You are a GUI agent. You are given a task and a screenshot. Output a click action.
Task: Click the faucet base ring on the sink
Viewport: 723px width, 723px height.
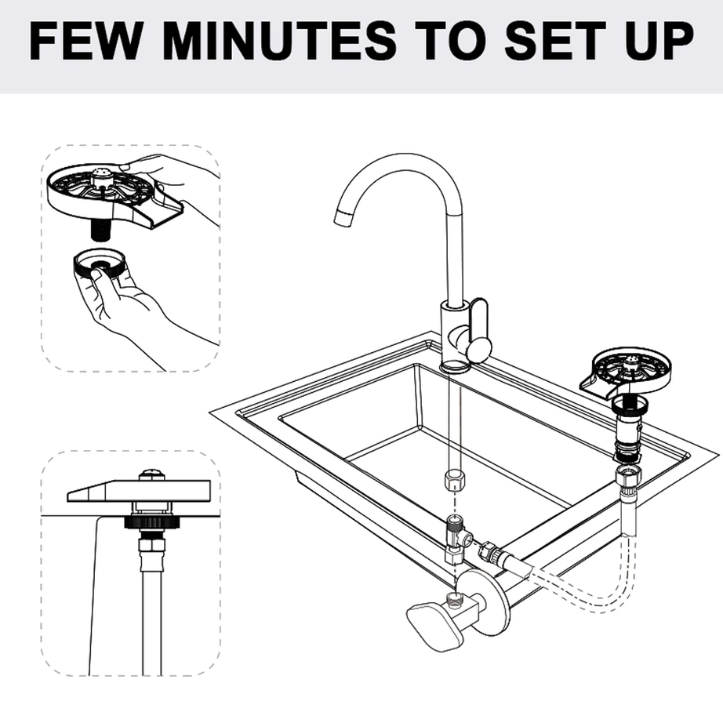pos(455,365)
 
